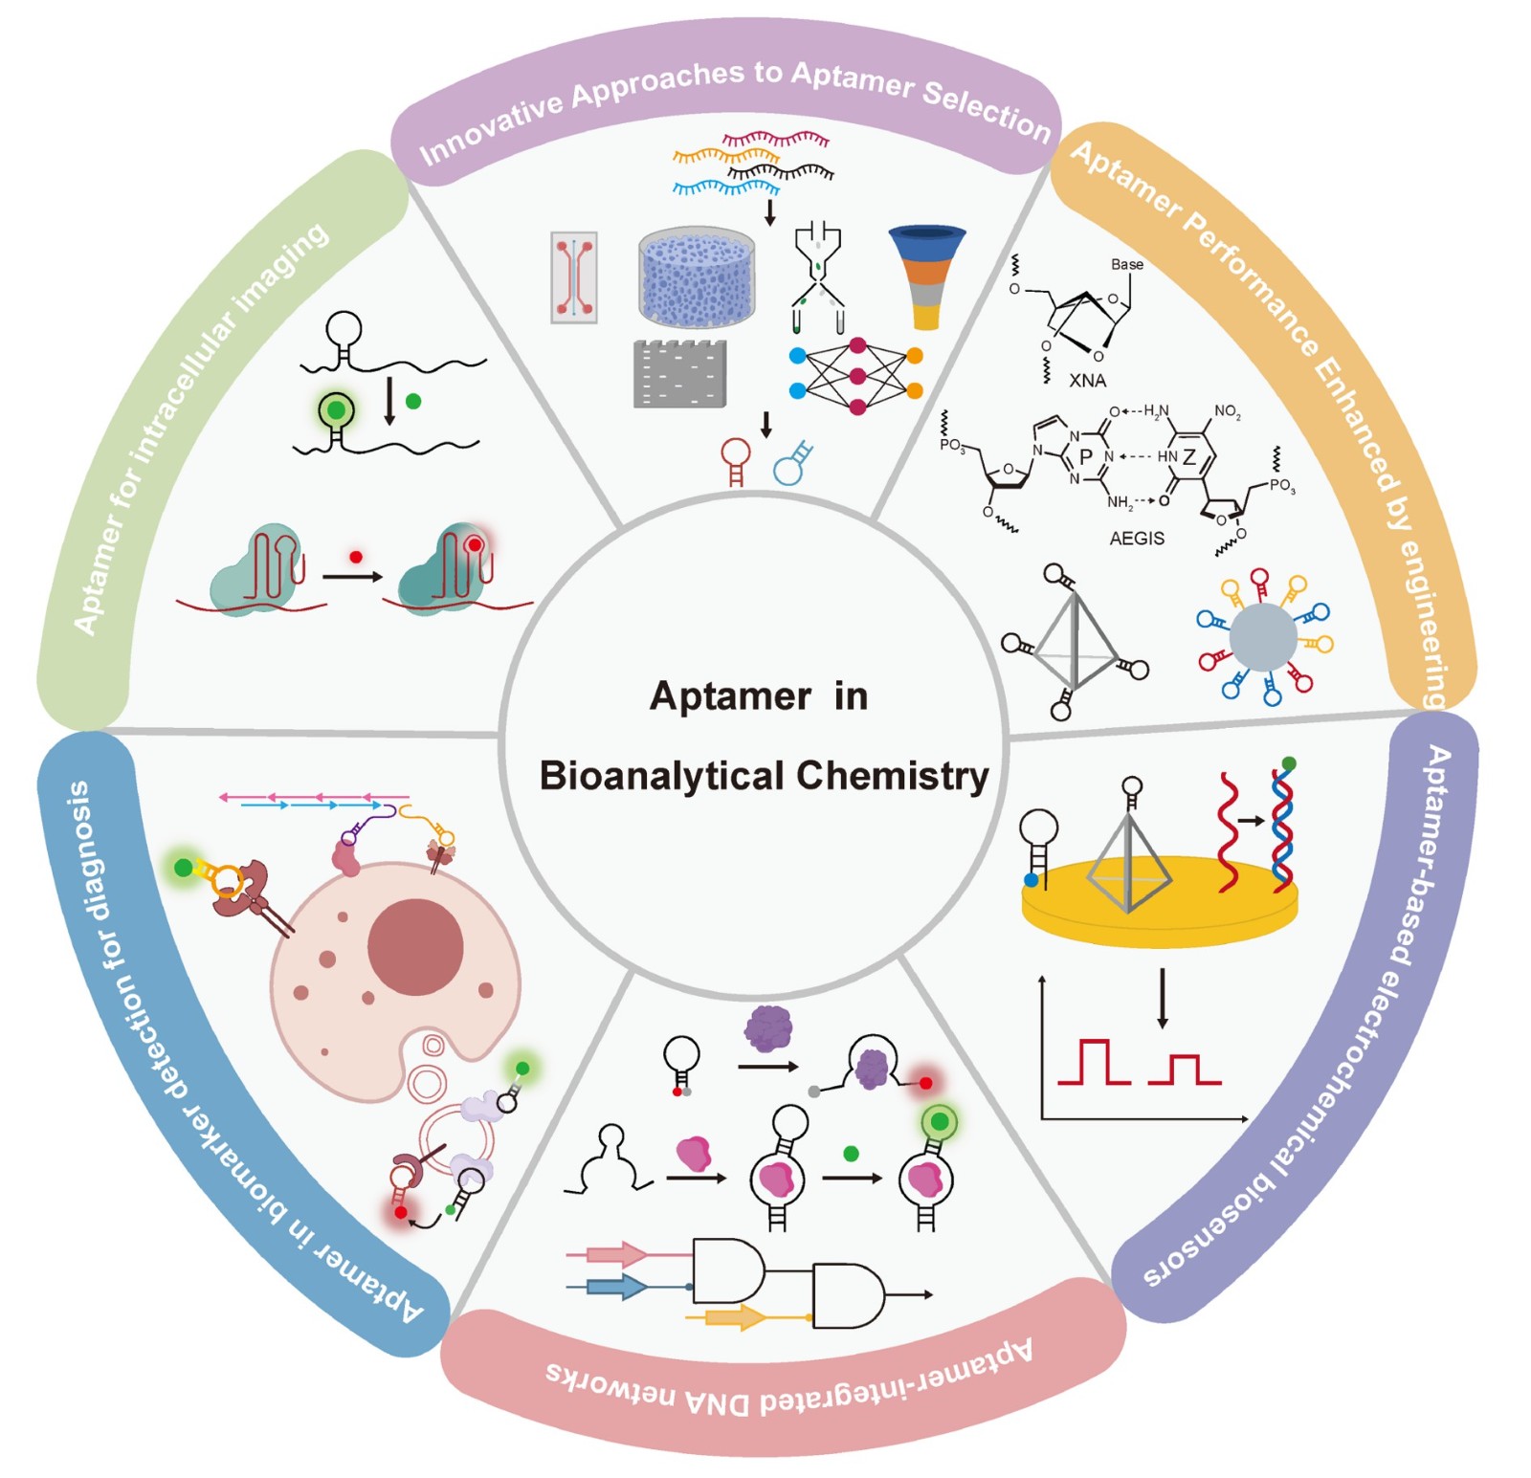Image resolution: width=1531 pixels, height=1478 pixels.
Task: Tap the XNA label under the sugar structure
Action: pyautogui.click(x=1087, y=381)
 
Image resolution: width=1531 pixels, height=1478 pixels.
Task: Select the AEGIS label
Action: pyautogui.click(x=1137, y=539)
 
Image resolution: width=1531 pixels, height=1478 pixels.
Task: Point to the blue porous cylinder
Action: pyautogui.click(x=697, y=276)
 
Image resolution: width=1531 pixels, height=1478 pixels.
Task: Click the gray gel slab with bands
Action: pyautogui.click(x=679, y=374)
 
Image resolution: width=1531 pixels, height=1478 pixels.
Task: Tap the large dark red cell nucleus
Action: pyautogui.click(x=415, y=947)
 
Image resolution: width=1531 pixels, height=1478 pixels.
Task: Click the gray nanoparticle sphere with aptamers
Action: pyautogui.click(x=1263, y=636)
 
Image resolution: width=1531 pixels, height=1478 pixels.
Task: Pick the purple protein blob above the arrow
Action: pyautogui.click(x=768, y=1028)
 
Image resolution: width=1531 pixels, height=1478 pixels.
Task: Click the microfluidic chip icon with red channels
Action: pyautogui.click(x=574, y=277)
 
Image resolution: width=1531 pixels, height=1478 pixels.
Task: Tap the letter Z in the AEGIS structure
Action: pyautogui.click(x=1188, y=457)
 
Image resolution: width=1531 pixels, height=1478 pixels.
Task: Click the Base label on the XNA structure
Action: pyautogui.click(x=1126, y=264)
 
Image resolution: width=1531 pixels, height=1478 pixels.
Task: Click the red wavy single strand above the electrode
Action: pyautogui.click(x=1229, y=832)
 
